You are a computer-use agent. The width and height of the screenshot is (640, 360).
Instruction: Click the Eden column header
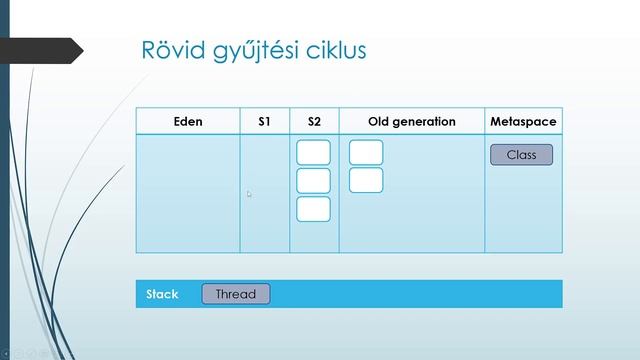(187, 121)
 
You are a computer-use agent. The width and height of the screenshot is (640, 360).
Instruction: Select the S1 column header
(264, 121)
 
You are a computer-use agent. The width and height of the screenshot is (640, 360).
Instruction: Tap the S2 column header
(314, 121)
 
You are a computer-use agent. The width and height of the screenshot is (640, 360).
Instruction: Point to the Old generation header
(411, 121)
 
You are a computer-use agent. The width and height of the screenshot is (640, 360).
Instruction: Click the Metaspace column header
(523, 121)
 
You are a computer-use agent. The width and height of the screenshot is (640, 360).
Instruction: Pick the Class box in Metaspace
(521, 155)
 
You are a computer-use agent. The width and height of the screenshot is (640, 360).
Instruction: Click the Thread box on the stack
(235, 294)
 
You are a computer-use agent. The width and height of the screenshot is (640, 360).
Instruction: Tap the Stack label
(162, 294)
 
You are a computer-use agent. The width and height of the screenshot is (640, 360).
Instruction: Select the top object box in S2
(313, 152)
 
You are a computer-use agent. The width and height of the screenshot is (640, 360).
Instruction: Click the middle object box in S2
(313, 180)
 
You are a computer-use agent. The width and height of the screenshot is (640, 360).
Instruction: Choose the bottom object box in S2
(313, 208)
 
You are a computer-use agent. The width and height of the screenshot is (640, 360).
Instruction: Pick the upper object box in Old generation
(366, 152)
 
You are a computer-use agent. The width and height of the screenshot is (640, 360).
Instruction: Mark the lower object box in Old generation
(366, 180)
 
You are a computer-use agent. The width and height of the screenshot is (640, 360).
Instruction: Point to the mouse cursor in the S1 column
(249, 194)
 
